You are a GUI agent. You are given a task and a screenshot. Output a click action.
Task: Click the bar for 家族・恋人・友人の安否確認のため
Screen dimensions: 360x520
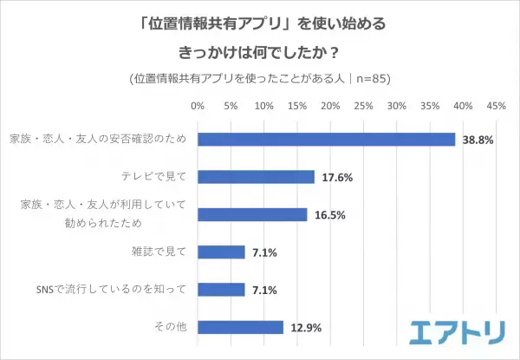coord(326,140)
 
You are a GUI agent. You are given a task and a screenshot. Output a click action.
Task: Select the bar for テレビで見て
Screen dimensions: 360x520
coord(256,177)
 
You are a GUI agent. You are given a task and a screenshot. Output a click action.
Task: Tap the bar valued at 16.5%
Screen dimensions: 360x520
coord(252,214)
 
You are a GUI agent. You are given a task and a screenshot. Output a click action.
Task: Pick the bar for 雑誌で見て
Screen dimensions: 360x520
coord(221,252)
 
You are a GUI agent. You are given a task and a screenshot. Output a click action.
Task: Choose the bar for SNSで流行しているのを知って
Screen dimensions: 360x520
coord(221,289)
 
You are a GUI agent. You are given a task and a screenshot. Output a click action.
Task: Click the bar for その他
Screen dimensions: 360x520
coord(240,327)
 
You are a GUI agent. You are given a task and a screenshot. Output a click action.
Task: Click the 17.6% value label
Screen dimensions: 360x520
coord(336,177)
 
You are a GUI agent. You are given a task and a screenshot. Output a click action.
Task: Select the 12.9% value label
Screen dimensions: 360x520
coord(305,327)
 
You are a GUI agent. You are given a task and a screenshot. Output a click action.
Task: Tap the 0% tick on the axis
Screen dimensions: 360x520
coord(197,107)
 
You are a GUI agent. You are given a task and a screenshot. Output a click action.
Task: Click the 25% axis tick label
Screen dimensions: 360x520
coord(363,107)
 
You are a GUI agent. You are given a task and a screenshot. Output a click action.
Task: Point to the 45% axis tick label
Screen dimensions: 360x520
coord(496,107)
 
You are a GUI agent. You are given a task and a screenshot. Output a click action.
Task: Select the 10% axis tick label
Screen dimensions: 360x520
coord(263,107)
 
